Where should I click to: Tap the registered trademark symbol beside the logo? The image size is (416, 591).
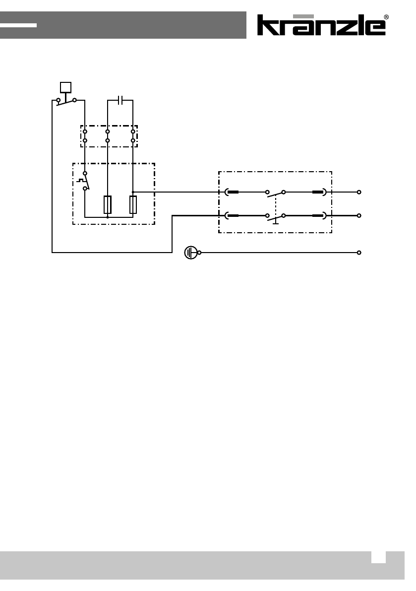[386, 17]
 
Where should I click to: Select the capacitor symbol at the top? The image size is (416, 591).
[120, 100]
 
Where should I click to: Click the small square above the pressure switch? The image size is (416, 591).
[65, 87]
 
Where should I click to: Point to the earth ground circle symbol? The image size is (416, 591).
[190, 253]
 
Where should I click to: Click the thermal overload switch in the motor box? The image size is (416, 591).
[85, 181]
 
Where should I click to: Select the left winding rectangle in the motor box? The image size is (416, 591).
[108, 204]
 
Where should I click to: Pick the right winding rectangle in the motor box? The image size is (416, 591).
[133, 204]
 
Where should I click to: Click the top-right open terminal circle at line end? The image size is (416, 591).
[359, 192]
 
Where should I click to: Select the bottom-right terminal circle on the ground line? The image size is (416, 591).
[359, 253]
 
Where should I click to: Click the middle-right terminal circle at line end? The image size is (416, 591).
[359, 216]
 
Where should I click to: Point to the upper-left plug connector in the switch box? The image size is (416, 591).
[232, 192]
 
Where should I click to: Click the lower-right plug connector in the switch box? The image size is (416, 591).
[319, 216]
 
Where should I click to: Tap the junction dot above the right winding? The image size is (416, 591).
[133, 192]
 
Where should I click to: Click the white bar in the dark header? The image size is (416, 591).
[18, 25]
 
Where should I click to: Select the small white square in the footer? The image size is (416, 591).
[378, 557]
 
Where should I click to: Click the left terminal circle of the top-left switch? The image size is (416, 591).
[59, 100]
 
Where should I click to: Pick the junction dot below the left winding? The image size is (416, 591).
[108, 217]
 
